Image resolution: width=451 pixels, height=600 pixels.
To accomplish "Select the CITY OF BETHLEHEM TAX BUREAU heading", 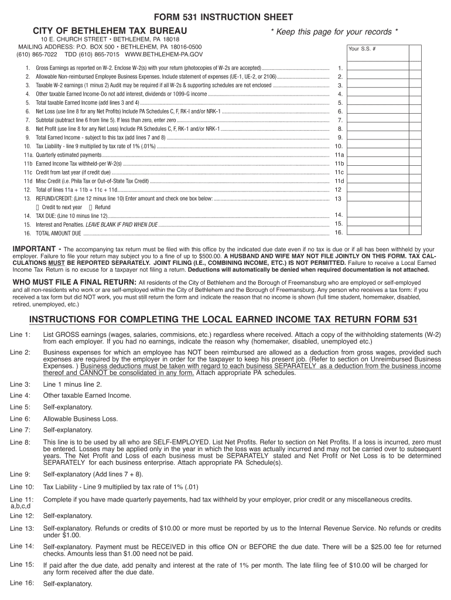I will tap(110, 30).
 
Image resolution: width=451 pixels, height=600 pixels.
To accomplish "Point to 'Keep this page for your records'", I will tap(334, 31).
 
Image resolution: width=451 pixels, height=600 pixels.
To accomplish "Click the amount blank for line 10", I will tap(375, 146).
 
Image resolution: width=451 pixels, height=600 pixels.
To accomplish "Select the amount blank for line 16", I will tap(375, 233).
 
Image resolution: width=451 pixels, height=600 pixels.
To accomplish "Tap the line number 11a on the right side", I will tap(339, 155).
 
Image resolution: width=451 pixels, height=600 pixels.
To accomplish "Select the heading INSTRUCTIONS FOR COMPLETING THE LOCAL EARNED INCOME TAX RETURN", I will tap(223, 319).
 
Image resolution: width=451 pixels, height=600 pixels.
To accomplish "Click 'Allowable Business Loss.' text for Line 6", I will tap(80, 418).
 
